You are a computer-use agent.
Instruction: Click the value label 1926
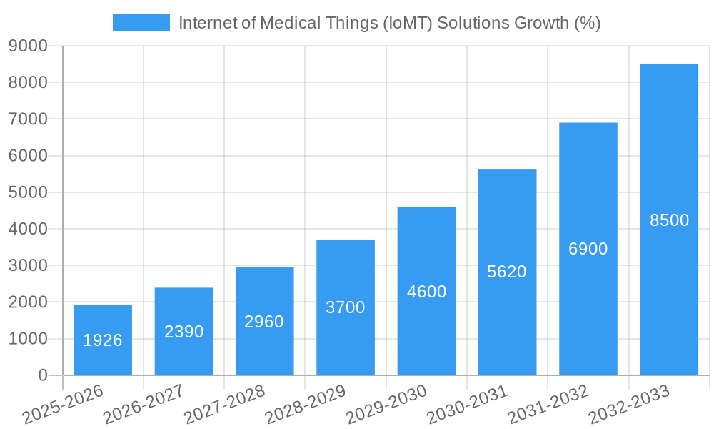click(103, 340)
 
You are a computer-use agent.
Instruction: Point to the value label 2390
click(184, 332)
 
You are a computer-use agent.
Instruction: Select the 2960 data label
click(264, 322)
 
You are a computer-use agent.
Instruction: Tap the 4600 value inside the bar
click(426, 292)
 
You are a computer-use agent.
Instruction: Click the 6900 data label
click(588, 249)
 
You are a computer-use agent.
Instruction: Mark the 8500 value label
click(669, 220)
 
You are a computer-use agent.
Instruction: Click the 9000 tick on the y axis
click(28, 46)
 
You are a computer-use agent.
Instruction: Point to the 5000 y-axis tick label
click(28, 192)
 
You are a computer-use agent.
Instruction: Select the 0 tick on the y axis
click(43, 375)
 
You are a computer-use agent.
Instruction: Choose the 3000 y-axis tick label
click(28, 265)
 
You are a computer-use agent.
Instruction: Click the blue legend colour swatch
click(141, 23)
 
